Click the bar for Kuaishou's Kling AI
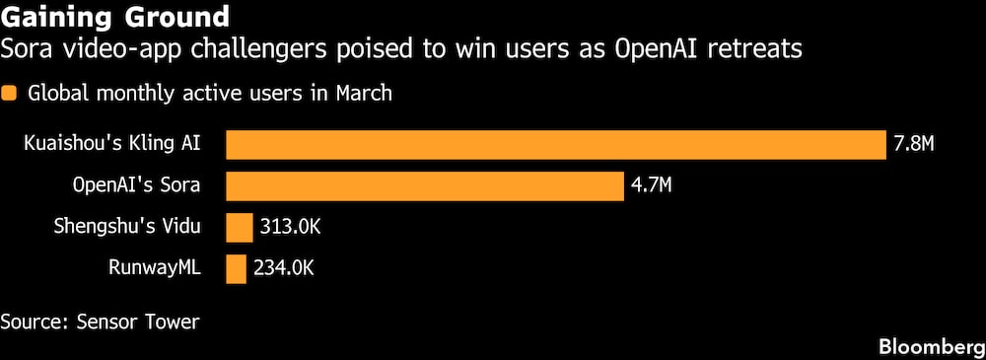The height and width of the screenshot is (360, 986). tap(556, 145)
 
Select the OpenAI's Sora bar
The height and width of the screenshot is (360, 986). tap(425, 185)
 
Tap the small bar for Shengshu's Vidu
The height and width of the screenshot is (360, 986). tap(240, 227)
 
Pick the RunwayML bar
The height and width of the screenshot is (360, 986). tap(236, 268)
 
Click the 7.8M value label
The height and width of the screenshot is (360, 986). tap(913, 145)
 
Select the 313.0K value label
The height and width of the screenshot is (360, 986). tap(290, 227)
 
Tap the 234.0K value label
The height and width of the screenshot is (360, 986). tap(283, 268)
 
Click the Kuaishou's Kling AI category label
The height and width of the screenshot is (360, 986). tap(112, 144)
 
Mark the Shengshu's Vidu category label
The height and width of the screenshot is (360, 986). tap(127, 226)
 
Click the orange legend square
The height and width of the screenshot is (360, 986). tap(10, 95)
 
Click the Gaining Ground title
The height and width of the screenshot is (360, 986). tap(116, 17)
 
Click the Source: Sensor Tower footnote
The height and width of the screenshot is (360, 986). tap(100, 322)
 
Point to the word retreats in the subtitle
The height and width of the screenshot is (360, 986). tap(758, 47)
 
